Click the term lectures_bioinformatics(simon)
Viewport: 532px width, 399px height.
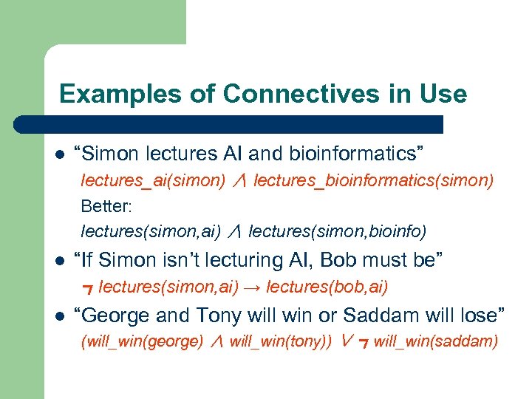(x=373, y=181)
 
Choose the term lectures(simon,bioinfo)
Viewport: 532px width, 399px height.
(x=338, y=231)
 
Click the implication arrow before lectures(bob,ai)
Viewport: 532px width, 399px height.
(x=251, y=287)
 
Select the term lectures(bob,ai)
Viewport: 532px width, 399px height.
(x=327, y=287)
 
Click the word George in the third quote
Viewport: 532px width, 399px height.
(x=117, y=316)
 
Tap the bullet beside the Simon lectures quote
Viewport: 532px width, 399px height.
(x=60, y=154)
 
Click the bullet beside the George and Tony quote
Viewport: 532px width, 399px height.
(x=60, y=316)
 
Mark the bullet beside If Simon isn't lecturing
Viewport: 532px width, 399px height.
(x=60, y=261)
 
